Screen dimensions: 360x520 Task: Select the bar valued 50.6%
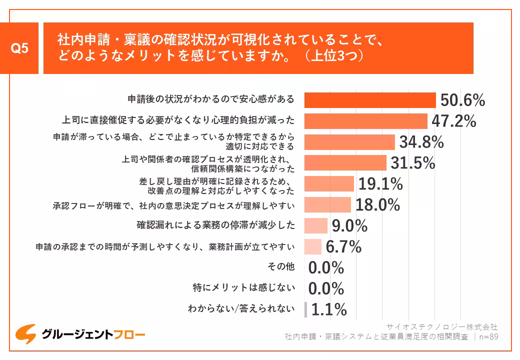coord(370,100)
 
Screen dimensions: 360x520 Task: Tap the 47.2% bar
coord(365,121)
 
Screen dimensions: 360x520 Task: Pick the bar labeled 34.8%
coord(349,142)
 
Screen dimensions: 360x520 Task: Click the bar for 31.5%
coord(345,163)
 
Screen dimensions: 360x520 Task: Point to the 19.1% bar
coord(329,184)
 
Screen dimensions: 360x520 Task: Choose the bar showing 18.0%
coord(327,205)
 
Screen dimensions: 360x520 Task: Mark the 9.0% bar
coord(316,226)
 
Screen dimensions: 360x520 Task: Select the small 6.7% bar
coord(313,247)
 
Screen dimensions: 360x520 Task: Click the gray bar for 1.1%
coord(305,309)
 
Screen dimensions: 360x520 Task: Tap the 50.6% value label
coord(462,100)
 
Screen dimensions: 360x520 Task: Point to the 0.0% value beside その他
coord(326,268)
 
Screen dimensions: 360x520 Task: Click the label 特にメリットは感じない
coord(243,288)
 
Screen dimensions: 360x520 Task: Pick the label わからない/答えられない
coord(241,308)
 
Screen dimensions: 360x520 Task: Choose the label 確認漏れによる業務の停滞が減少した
coord(215,225)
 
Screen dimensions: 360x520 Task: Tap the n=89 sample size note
coord(488,336)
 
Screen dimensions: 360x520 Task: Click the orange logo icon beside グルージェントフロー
coord(25,334)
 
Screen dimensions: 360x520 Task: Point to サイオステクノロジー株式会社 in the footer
coord(442,327)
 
